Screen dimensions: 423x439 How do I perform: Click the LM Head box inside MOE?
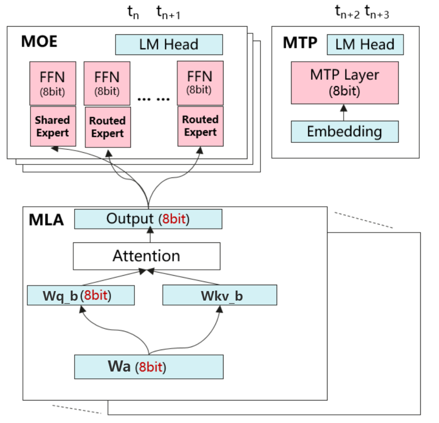pos(169,44)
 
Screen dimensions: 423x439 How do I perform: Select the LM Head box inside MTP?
pos(365,44)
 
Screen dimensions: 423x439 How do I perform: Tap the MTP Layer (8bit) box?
pos(344,82)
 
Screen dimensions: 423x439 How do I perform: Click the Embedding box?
pos(344,131)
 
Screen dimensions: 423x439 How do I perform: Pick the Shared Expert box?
pos(53,126)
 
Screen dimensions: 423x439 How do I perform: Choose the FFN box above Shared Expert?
pos(53,83)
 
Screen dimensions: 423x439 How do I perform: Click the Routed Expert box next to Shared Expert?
pos(108,127)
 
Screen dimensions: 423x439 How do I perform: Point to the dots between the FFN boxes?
pos(153,98)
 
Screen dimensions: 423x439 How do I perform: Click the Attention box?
pos(147,256)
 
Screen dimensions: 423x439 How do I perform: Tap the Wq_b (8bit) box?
pos(81,295)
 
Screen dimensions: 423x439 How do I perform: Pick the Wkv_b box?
pos(220,295)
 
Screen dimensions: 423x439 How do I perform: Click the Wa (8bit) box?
pos(149,366)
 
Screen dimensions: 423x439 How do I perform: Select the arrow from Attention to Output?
pos(151,235)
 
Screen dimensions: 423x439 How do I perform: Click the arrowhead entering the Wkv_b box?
pos(220,308)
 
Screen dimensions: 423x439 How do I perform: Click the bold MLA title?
pos(46,220)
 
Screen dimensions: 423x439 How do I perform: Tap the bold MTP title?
pos(300,43)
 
